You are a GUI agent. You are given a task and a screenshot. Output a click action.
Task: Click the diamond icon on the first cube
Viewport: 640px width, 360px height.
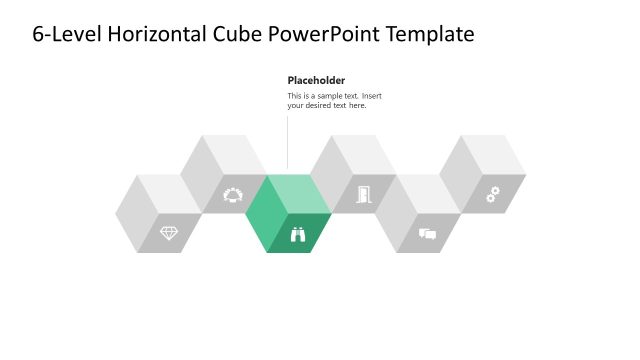[x=169, y=233]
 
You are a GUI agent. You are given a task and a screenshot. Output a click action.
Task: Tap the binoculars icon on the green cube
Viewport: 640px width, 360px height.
[x=298, y=234]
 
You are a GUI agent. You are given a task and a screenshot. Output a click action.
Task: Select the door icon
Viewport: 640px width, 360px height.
[x=363, y=194]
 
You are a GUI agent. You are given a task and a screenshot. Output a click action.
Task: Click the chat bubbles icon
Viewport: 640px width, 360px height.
[x=428, y=234]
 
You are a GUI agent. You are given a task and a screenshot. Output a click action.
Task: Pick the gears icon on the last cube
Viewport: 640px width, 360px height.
[x=493, y=194]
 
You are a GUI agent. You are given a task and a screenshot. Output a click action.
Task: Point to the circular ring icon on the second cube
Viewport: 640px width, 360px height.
[x=233, y=194]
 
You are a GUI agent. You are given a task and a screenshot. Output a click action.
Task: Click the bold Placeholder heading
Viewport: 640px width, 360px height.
[x=316, y=80]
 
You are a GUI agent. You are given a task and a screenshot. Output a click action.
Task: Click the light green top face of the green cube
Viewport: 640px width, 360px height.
[x=298, y=193]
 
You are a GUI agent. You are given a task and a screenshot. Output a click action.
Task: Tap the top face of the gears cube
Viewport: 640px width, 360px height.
[x=493, y=154]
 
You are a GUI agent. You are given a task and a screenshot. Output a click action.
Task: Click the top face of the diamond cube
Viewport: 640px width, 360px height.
[x=169, y=193]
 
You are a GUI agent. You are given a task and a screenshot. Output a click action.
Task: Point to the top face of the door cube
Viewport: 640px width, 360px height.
[x=363, y=154]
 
